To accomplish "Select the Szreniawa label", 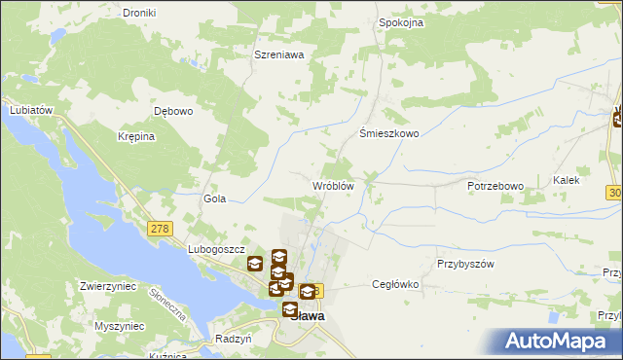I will pyautogui.click(x=279, y=55).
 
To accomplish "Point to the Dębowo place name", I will pyautogui.click(x=175, y=111).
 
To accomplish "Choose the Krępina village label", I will pyautogui.click(x=137, y=136).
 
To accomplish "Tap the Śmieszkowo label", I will pyautogui.click(x=389, y=134).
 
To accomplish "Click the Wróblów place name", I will pyautogui.click(x=332, y=185).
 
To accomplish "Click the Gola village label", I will pyautogui.click(x=214, y=198).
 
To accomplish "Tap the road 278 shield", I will pyautogui.click(x=159, y=228).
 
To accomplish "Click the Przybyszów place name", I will pyautogui.click(x=466, y=264).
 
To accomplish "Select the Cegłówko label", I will pyautogui.click(x=395, y=284).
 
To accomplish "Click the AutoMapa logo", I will pyautogui.click(x=558, y=342).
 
